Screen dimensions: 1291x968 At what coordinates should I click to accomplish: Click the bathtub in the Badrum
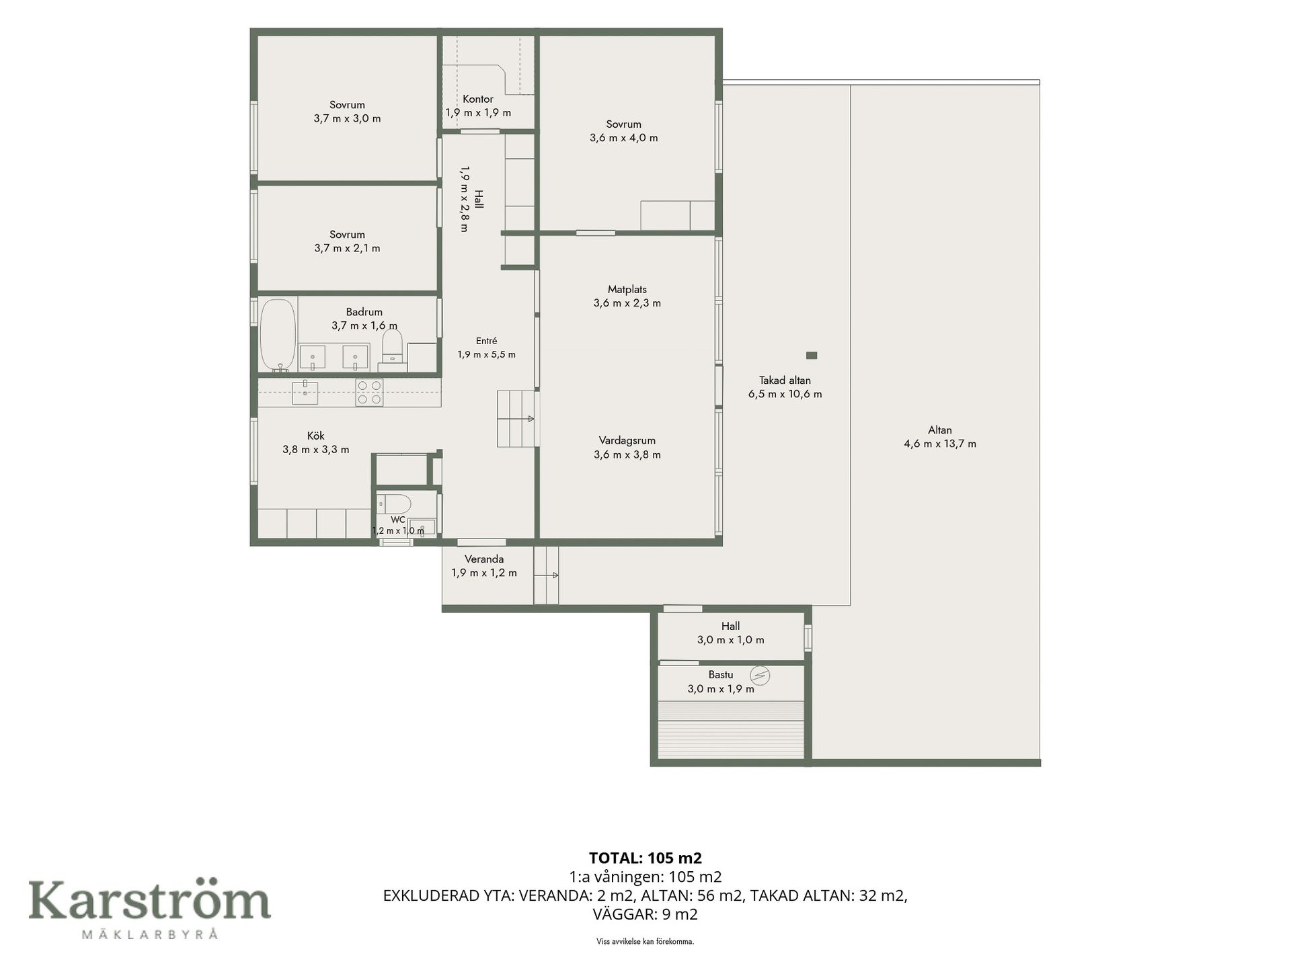278,335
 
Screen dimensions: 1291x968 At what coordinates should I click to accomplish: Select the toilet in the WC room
394,503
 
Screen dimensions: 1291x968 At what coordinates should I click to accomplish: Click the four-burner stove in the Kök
369,393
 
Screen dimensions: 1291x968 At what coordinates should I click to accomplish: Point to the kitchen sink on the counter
305,392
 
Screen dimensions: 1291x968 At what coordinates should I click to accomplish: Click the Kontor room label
478,99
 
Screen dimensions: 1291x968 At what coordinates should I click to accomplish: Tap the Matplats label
627,289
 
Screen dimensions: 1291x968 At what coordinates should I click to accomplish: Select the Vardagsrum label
627,440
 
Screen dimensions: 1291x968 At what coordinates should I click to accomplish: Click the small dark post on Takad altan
812,355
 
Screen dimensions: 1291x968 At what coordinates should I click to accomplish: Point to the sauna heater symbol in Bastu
760,675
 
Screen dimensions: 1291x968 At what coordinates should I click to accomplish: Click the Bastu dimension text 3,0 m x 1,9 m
721,689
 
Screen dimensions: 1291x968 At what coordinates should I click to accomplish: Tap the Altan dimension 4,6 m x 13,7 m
940,444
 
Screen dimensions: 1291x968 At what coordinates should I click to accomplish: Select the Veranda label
484,559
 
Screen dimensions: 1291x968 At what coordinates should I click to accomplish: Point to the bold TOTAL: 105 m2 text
645,858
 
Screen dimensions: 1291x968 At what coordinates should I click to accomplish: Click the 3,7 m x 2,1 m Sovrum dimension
347,248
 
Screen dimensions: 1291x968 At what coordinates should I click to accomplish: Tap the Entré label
487,341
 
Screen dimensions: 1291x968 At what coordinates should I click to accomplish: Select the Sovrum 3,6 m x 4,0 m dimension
624,138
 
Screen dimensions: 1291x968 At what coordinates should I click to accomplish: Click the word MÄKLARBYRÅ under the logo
149,934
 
